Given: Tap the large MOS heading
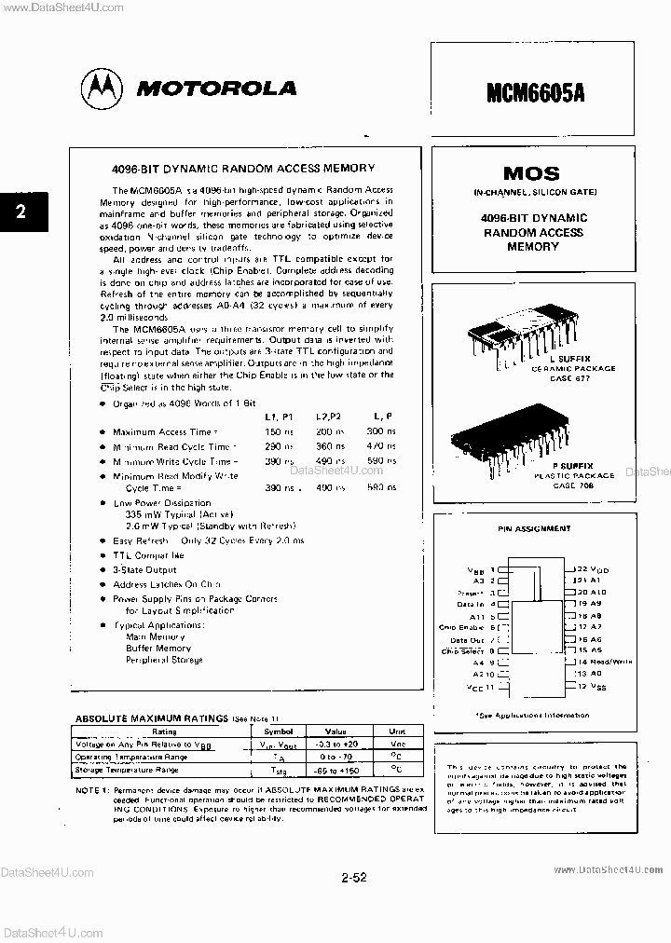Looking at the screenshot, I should (x=531, y=173).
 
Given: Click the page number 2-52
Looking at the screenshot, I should (x=354, y=877).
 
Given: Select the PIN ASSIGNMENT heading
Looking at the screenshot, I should (x=534, y=528).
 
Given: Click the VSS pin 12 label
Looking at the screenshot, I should (x=593, y=686).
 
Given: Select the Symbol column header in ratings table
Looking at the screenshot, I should (x=277, y=731).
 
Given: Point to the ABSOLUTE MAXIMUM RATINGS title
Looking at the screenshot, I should (x=151, y=718).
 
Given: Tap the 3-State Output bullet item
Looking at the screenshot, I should (x=144, y=569).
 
